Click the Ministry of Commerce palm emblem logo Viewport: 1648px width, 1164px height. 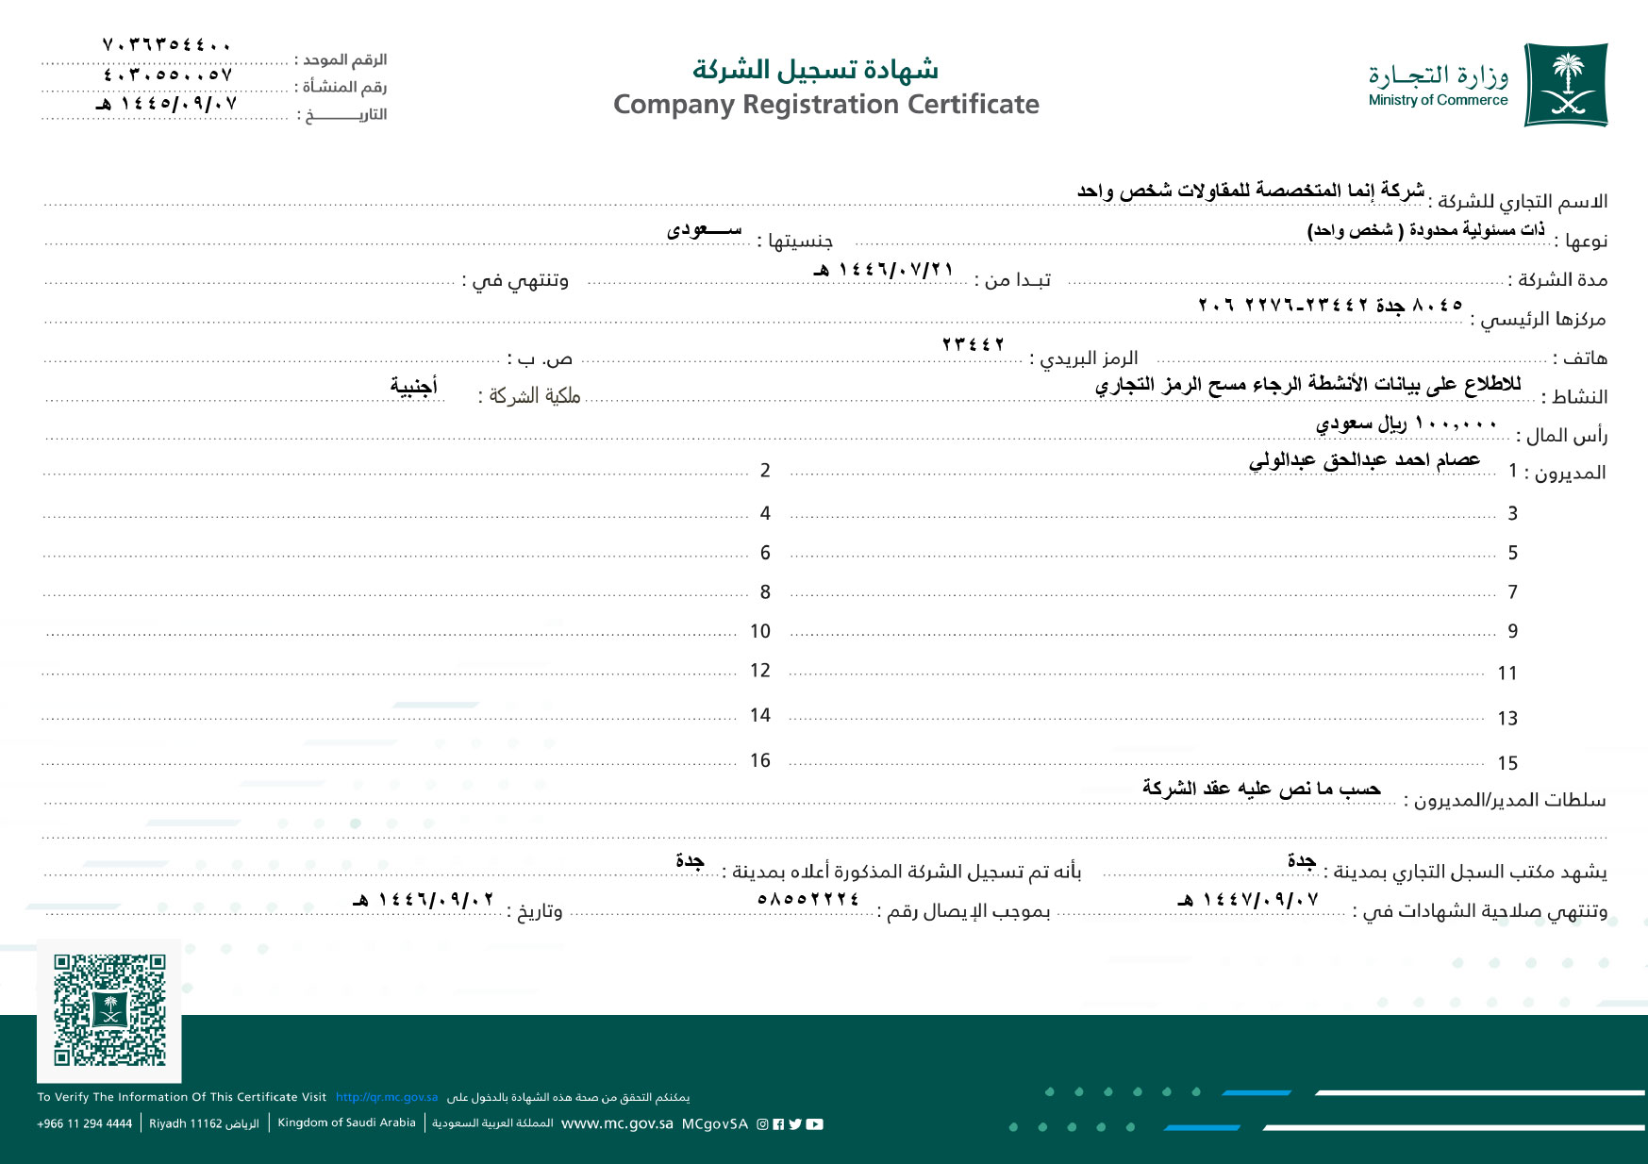[x=1566, y=85]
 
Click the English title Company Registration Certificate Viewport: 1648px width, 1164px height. [x=826, y=104]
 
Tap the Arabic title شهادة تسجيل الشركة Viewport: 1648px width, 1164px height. [x=815, y=70]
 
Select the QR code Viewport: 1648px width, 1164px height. [x=109, y=1009]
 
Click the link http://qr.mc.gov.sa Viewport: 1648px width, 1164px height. [x=387, y=1097]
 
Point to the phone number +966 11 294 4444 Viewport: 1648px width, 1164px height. [x=85, y=1123]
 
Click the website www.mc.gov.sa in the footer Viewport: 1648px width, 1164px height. [x=617, y=1123]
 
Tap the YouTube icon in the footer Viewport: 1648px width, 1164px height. [x=815, y=1123]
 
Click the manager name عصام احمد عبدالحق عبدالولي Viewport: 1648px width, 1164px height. [x=1364, y=459]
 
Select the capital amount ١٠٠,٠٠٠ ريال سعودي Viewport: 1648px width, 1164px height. [x=1406, y=424]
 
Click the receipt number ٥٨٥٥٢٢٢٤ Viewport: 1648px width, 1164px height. [x=808, y=899]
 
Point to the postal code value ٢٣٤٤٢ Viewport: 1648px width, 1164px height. [x=974, y=344]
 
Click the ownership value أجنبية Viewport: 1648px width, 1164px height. [x=414, y=385]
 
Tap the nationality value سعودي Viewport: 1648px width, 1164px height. [x=704, y=229]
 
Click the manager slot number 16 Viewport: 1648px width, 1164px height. [x=760, y=760]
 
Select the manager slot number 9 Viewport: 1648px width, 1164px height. [x=1512, y=631]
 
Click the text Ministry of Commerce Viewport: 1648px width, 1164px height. [x=1438, y=100]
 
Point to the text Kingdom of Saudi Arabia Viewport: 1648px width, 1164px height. [x=346, y=1122]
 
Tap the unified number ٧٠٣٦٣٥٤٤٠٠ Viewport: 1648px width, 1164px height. [x=167, y=44]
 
